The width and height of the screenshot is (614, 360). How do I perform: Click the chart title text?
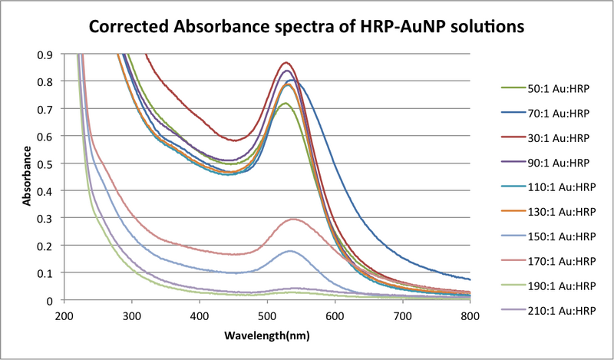307,27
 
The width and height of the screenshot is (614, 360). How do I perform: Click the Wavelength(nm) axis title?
266,336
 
